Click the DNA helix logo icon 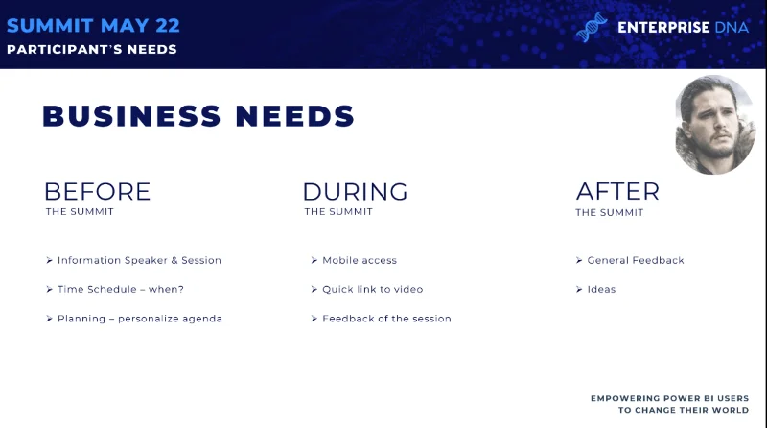pos(592,27)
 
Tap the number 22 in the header pos(168,26)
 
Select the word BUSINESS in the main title pos(132,116)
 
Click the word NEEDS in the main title pos(295,116)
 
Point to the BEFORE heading pos(98,192)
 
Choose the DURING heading pos(355,192)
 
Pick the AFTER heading pos(617,192)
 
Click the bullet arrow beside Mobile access pos(314,260)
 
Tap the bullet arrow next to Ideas pos(579,290)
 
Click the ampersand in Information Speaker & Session pos(174,260)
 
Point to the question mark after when pos(181,290)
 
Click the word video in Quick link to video pos(408,290)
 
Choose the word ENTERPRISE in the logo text pos(663,28)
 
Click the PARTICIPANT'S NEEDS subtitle pos(92,50)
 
